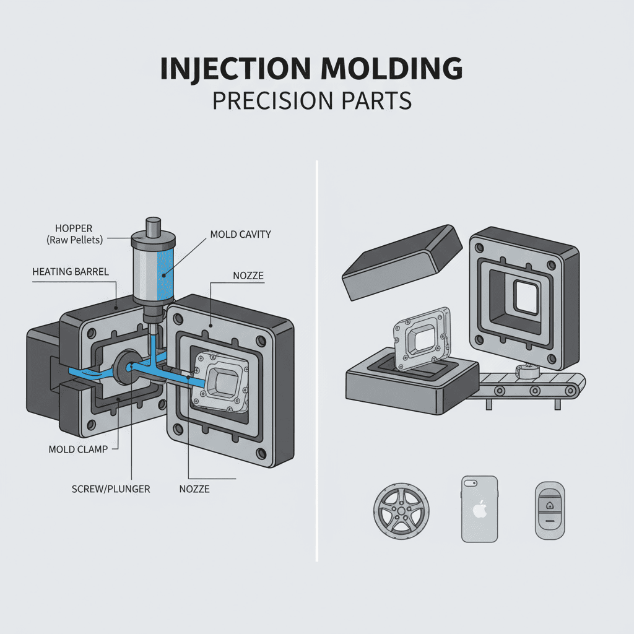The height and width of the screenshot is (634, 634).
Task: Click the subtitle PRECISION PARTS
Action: coord(312,100)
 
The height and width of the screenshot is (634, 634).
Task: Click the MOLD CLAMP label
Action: coord(78,449)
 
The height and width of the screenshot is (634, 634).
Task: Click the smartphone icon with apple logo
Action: coord(479,508)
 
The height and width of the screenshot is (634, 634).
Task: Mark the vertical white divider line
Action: coord(317,359)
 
